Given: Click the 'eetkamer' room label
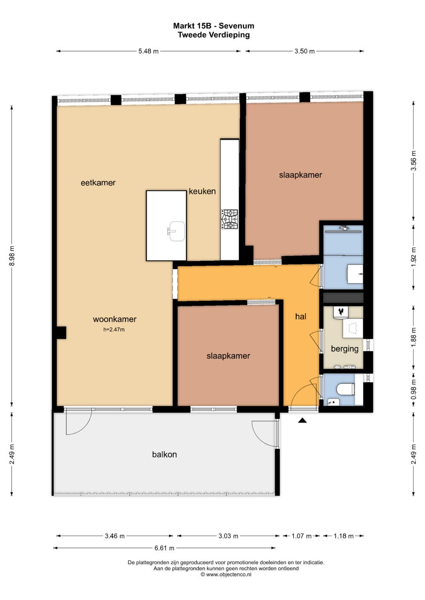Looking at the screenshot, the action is click(x=98, y=183).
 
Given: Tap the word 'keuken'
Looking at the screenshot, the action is click(x=202, y=191).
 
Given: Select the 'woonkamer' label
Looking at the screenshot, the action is click(x=115, y=319).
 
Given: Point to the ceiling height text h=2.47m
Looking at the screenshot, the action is click(x=114, y=329).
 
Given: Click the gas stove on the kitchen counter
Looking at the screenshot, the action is click(x=229, y=219).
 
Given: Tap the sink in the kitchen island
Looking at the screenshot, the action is click(x=176, y=231).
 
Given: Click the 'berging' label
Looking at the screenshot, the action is click(x=345, y=349).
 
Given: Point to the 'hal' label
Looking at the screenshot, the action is click(x=301, y=317).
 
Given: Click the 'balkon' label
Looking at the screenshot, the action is click(x=164, y=455).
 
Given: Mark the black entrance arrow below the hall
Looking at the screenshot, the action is click(x=302, y=420).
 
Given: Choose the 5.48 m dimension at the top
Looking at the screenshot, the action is click(x=148, y=51).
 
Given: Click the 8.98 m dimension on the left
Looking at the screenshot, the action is click(x=12, y=256).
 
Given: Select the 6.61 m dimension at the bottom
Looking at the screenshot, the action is click(x=164, y=548).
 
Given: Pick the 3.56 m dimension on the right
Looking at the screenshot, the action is click(x=414, y=161).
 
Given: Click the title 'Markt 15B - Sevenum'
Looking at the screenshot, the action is click(x=214, y=26).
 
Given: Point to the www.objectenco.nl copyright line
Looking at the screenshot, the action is click(x=226, y=574).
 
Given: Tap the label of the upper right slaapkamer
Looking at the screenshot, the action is click(x=301, y=175).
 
